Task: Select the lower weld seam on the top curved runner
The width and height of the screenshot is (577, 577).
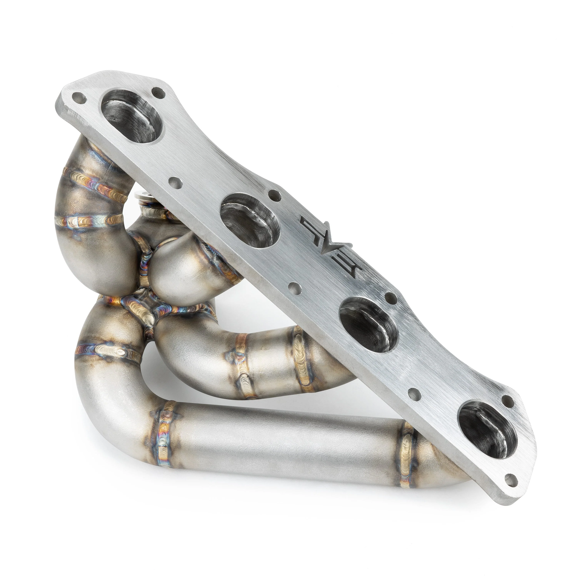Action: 90,221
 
